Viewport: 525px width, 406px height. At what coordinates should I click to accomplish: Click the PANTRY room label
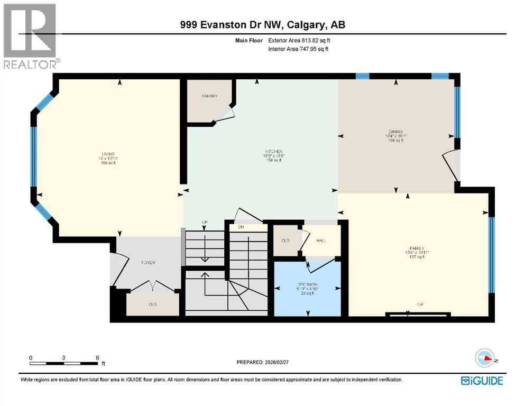[x=209, y=96]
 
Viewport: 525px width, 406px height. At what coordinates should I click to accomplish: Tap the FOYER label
[x=148, y=262]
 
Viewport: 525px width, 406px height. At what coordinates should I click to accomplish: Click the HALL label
[x=321, y=241]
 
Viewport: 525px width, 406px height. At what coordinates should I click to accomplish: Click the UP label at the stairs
[x=204, y=222]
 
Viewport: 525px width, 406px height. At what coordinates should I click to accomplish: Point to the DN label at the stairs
[x=241, y=227]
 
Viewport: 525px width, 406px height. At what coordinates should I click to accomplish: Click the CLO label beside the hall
[x=285, y=241]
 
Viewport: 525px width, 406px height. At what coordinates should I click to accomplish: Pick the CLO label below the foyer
[x=153, y=304]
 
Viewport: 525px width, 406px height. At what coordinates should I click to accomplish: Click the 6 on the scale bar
[x=97, y=358]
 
